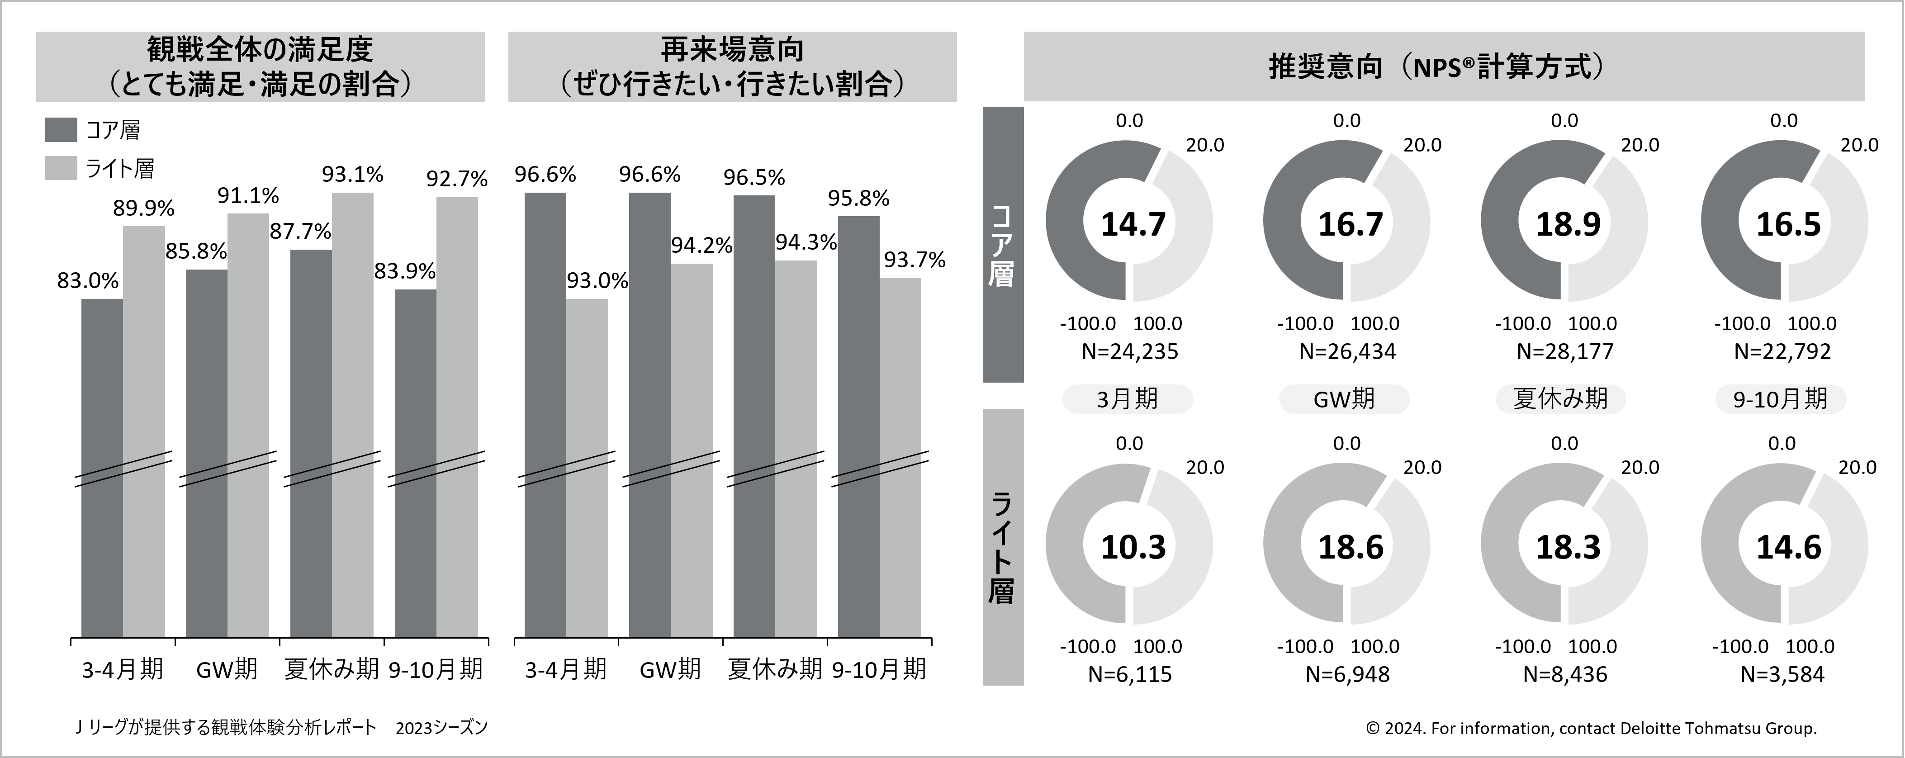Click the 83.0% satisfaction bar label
pyautogui.click(x=87, y=281)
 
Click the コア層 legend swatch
pyautogui.click(x=61, y=129)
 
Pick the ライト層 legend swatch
pyautogui.click(x=61, y=168)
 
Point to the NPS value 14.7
pyautogui.click(x=1133, y=224)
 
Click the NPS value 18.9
pyautogui.click(x=1568, y=224)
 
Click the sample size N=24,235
pyautogui.click(x=1129, y=351)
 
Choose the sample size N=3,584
pyautogui.click(x=1782, y=674)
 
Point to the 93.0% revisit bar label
pyautogui.click(x=597, y=281)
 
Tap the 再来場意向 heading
pyautogui.click(x=732, y=50)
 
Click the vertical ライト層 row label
pyautogui.click(x=1002, y=547)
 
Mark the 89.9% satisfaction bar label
pyautogui.click(x=143, y=208)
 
